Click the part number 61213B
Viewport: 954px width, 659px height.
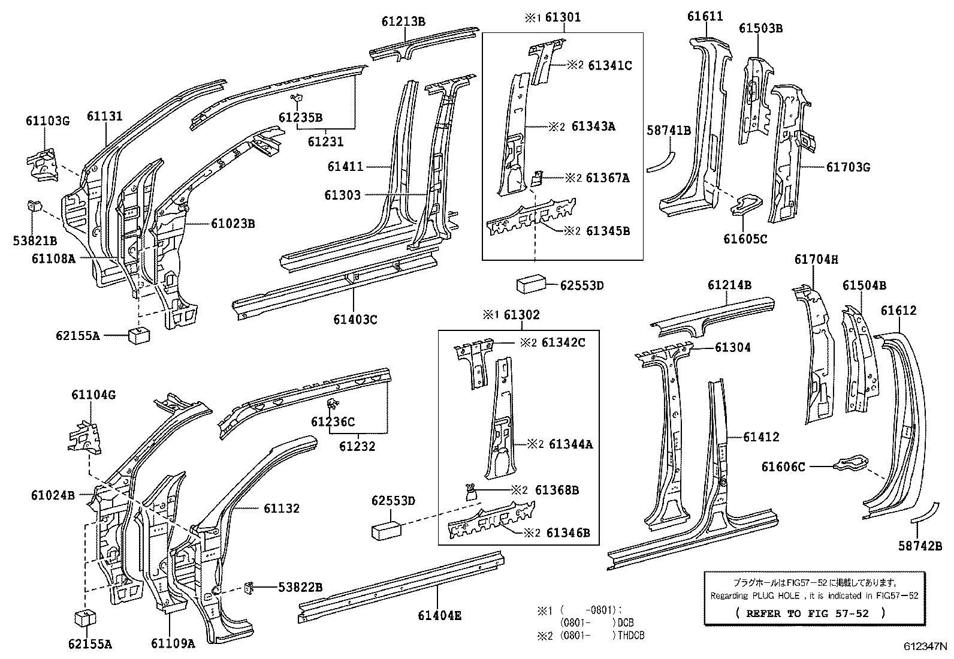(403, 22)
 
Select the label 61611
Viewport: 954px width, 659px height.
(705, 16)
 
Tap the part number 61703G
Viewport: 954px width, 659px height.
(848, 167)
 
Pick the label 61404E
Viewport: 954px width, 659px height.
(439, 615)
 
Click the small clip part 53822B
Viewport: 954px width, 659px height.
(249, 588)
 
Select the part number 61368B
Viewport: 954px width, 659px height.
(557, 490)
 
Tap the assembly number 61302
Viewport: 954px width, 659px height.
(522, 315)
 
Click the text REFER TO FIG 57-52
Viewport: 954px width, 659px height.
(807, 613)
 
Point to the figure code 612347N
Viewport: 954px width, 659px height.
(925, 646)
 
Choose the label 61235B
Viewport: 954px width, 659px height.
(300, 118)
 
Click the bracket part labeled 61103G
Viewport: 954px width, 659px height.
(43, 165)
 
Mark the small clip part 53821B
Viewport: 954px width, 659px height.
(34, 206)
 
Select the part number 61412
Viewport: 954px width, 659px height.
(761, 437)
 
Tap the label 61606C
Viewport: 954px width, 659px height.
(783, 467)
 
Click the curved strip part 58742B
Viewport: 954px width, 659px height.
(926, 513)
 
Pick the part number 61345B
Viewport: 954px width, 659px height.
(608, 231)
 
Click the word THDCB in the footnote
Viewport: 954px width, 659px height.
(631, 636)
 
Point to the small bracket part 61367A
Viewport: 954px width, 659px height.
(538, 179)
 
